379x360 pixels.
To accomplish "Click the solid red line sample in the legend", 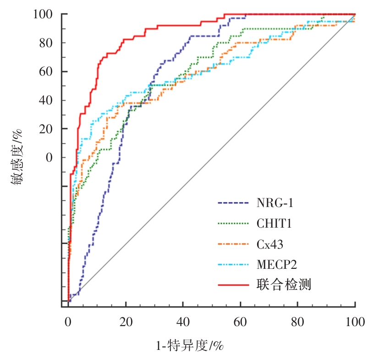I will click(233, 285).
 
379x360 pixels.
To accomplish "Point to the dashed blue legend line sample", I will click(233, 203).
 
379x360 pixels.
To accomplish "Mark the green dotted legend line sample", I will click(233, 224).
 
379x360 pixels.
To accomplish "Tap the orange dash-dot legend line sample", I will click(233, 244).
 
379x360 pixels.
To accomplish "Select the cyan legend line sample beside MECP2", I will click(233, 264).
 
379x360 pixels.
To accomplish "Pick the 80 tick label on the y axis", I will click(45, 43).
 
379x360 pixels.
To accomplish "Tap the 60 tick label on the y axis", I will click(45, 72).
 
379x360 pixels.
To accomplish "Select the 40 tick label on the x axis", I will click(183, 322).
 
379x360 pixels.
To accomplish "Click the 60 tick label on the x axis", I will click(240, 322).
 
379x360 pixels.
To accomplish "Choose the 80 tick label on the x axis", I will click(298, 322).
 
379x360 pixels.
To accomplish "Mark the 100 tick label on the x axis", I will click(355, 322).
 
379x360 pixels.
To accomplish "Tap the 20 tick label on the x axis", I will click(125, 322).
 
